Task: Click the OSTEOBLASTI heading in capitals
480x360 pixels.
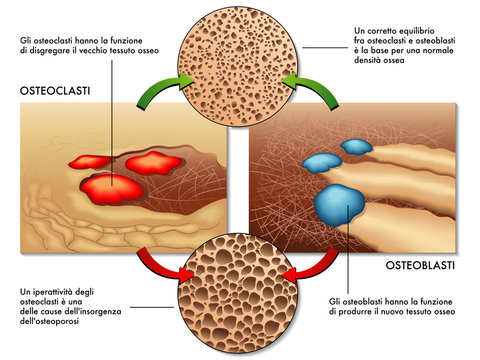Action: point(419,267)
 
